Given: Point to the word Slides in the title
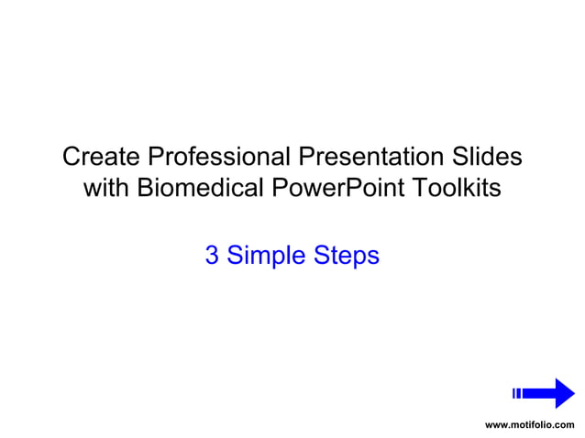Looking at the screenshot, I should pyautogui.click(x=486, y=157).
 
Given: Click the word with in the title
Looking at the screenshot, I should pyautogui.click(x=106, y=189).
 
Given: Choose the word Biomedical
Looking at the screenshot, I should pyautogui.click(x=201, y=189).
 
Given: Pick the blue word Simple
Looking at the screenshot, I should pyautogui.click(x=264, y=256).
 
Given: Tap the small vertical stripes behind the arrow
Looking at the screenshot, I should pyautogui.click(x=517, y=393).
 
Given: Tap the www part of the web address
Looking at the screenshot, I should pyautogui.click(x=495, y=425).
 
